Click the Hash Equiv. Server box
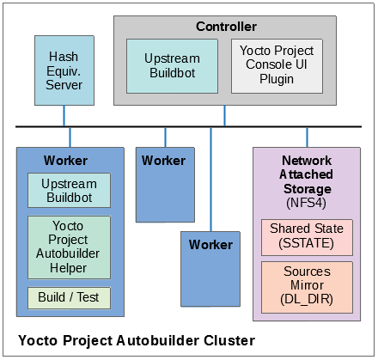click(64, 70)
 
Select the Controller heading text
click(225, 27)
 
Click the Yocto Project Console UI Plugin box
click(277, 66)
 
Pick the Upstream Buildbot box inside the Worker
click(69, 191)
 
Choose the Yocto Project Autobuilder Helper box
click(69, 247)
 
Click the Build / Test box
click(69, 298)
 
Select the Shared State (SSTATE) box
click(307, 237)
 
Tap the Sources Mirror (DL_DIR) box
click(307, 286)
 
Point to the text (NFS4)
click(307, 203)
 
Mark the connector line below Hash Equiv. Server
click(64, 116)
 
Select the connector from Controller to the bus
click(225, 116)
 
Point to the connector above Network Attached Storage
click(307, 137)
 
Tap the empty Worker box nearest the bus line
click(164, 185)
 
